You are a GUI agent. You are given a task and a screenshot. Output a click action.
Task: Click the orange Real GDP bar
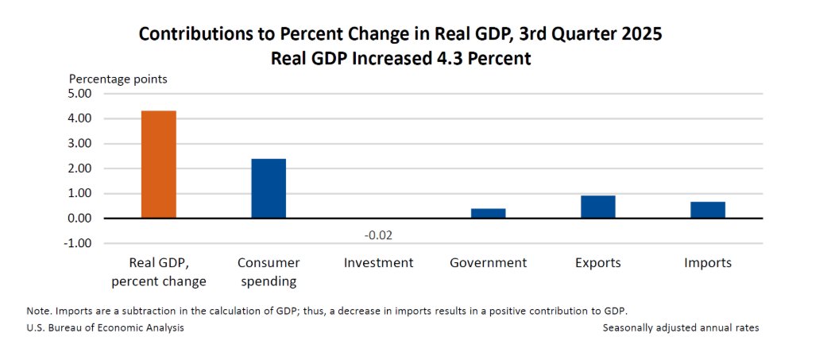pos(159,165)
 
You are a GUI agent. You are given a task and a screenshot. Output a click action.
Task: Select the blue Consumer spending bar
pos(269,188)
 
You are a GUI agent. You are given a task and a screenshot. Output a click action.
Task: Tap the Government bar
pos(488,213)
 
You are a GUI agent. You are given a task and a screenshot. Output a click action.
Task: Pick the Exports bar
pos(597,207)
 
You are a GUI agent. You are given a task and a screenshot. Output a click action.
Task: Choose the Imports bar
pos(707,210)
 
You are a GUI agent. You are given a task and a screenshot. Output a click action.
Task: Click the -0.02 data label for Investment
pos(378,235)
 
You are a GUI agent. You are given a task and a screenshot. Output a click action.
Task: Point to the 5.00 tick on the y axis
pos(81,94)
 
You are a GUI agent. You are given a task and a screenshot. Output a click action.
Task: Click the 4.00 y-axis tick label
pos(81,118)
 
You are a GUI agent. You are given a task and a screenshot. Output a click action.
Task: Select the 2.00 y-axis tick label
pos(81,168)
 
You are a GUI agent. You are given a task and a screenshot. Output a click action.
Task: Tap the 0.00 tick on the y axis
pos(81,219)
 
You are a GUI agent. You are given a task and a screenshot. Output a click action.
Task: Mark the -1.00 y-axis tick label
pos(79,243)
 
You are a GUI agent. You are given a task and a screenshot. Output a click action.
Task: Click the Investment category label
pos(378,263)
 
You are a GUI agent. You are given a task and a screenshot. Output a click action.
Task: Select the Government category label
pos(488,263)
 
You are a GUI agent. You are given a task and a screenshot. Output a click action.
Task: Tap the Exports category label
pos(597,263)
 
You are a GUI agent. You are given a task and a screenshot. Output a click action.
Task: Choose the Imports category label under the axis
pos(707,263)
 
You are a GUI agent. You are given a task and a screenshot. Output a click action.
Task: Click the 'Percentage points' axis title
pos(118,79)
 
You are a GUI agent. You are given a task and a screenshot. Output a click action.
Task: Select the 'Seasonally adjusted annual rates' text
pos(680,327)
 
